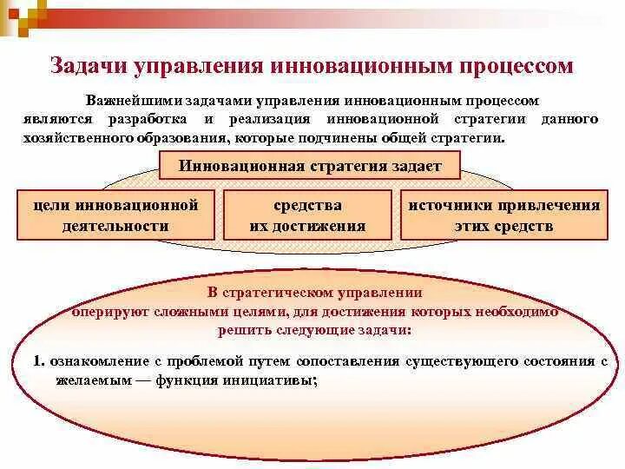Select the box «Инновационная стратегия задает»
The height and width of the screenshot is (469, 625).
click(311, 166)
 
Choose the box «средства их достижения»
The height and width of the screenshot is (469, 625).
click(307, 215)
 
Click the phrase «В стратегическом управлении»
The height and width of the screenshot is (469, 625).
click(315, 293)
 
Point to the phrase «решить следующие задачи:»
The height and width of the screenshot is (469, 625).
click(314, 330)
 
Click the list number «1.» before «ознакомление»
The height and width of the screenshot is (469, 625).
click(39, 360)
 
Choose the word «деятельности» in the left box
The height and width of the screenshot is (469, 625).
click(115, 226)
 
